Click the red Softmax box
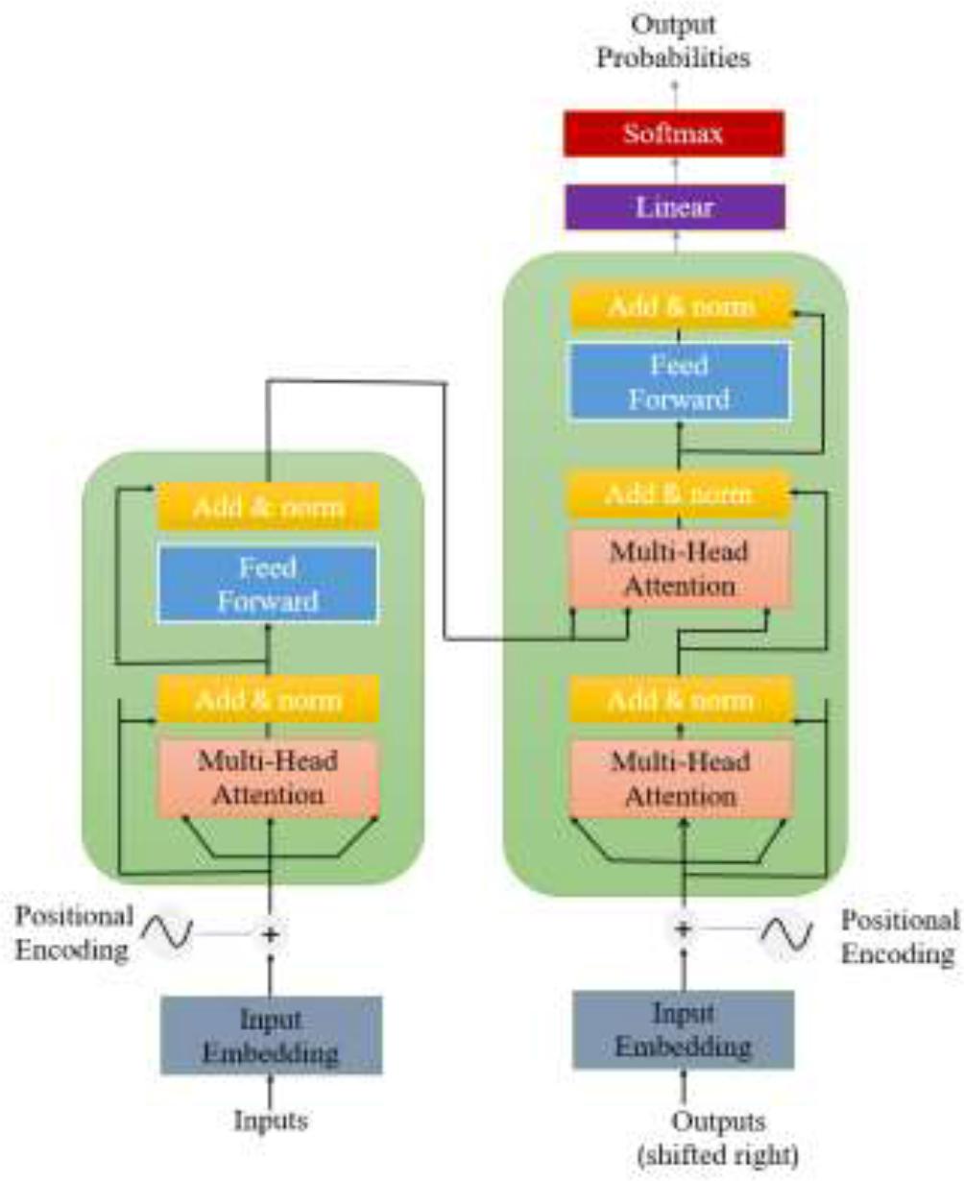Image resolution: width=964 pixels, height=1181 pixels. tap(673, 133)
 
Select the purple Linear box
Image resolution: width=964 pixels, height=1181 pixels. tap(673, 206)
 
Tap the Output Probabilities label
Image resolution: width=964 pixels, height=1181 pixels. tap(673, 42)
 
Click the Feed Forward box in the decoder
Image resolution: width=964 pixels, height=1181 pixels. tap(679, 381)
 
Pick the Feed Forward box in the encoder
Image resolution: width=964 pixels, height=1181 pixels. tap(268, 584)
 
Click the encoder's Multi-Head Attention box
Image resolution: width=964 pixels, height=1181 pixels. tap(268, 778)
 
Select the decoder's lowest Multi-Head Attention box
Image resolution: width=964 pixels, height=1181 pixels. tap(681, 778)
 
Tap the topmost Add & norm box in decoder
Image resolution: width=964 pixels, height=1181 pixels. tap(681, 306)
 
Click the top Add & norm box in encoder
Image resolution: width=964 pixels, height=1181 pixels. tap(268, 506)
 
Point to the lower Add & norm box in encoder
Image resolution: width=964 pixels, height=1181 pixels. tap(268, 699)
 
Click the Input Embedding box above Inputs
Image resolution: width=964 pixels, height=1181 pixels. tap(271, 1034)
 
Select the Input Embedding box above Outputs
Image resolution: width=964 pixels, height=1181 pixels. tap(683, 1029)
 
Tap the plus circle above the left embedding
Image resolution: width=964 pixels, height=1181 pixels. tap(271, 933)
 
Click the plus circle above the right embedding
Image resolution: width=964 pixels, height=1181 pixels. tap(683, 928)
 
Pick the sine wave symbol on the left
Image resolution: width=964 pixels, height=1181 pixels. tap(168, 930)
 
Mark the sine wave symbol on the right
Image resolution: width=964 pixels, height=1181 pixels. tap(786, 931)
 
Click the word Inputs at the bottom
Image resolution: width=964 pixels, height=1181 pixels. tap(271, 1119)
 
